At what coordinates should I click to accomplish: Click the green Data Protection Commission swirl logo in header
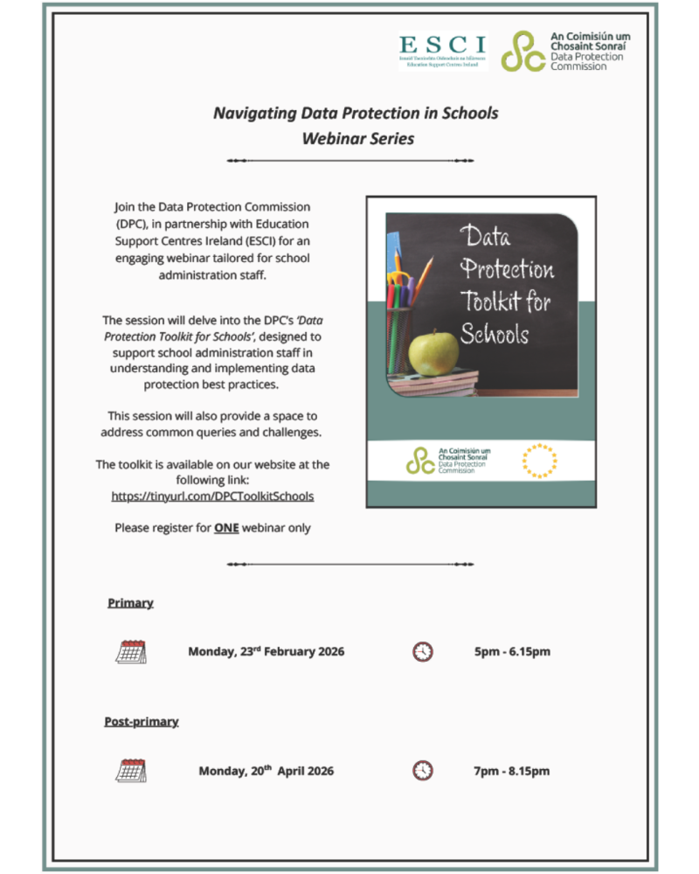click(523, 52)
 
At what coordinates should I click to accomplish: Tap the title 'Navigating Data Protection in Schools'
click(356, 113)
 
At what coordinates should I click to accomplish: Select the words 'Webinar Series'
click(356, 138)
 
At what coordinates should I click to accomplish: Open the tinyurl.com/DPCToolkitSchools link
click(212, 496)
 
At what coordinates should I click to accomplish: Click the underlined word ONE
click(226, 528)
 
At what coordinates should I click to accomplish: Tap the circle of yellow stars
click(539, 461)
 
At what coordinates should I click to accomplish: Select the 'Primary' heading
click(130, 603)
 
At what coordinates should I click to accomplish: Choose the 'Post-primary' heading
click(142, 722)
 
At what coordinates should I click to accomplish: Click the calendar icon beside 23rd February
click(131, 651)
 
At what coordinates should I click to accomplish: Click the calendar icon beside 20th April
click(131, 770)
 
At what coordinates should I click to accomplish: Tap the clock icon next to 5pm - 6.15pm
click(423, 651)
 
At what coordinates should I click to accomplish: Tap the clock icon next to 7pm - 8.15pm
click(423, 770)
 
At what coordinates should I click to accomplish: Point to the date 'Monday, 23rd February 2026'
click(266, 652)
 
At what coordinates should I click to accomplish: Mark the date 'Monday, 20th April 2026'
click(266, 771)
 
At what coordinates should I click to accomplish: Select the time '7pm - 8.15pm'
click(511, 771)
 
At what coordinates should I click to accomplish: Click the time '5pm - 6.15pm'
click(512, 652)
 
